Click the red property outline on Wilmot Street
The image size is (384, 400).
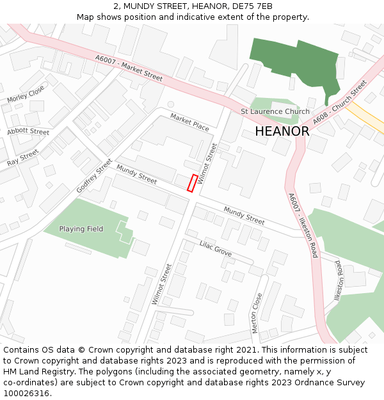pyautogui.click(x=191, y=182)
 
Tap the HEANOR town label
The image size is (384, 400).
pyautogui.click(x=282, y=131)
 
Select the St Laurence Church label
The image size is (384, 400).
pyautogui.click(x=275, y=111)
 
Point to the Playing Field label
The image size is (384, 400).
pyautogui.click(x=81, y=229)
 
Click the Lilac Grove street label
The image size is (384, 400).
pyautogui.click(x=216, y=248)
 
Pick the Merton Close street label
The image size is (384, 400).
pyautogui.click(x=256, y=313)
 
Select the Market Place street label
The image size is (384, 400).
pyautogui.click(x=190, y=122)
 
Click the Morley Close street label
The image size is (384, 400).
pyautogui.click(x=26, y=94)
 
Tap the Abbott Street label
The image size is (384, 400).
pyautogui.click(x=28, y=131)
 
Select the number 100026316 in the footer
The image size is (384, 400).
pyautogui.click(x=26, y=393)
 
